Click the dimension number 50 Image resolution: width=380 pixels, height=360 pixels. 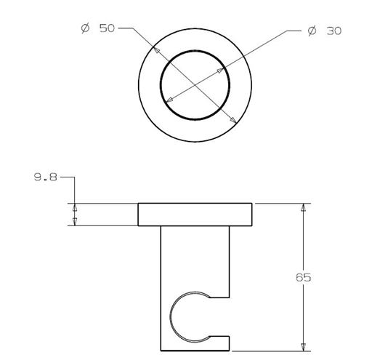coord(107,28)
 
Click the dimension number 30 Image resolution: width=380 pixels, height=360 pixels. coord(333,31)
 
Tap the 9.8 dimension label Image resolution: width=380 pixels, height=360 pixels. coord(45,177)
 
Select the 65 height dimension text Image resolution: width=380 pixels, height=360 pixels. coord(303,277)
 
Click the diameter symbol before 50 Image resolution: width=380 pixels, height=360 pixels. coord(85,28)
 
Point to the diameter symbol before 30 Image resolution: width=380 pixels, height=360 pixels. coord(312,31)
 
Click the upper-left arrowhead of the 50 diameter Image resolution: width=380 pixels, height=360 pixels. coord(156,49)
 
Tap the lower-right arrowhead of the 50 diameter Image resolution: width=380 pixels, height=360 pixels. coord(233,120)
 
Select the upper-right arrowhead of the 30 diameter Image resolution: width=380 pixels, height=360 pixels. coord(220,71)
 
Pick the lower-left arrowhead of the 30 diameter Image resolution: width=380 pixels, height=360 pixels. coord(169,100)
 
